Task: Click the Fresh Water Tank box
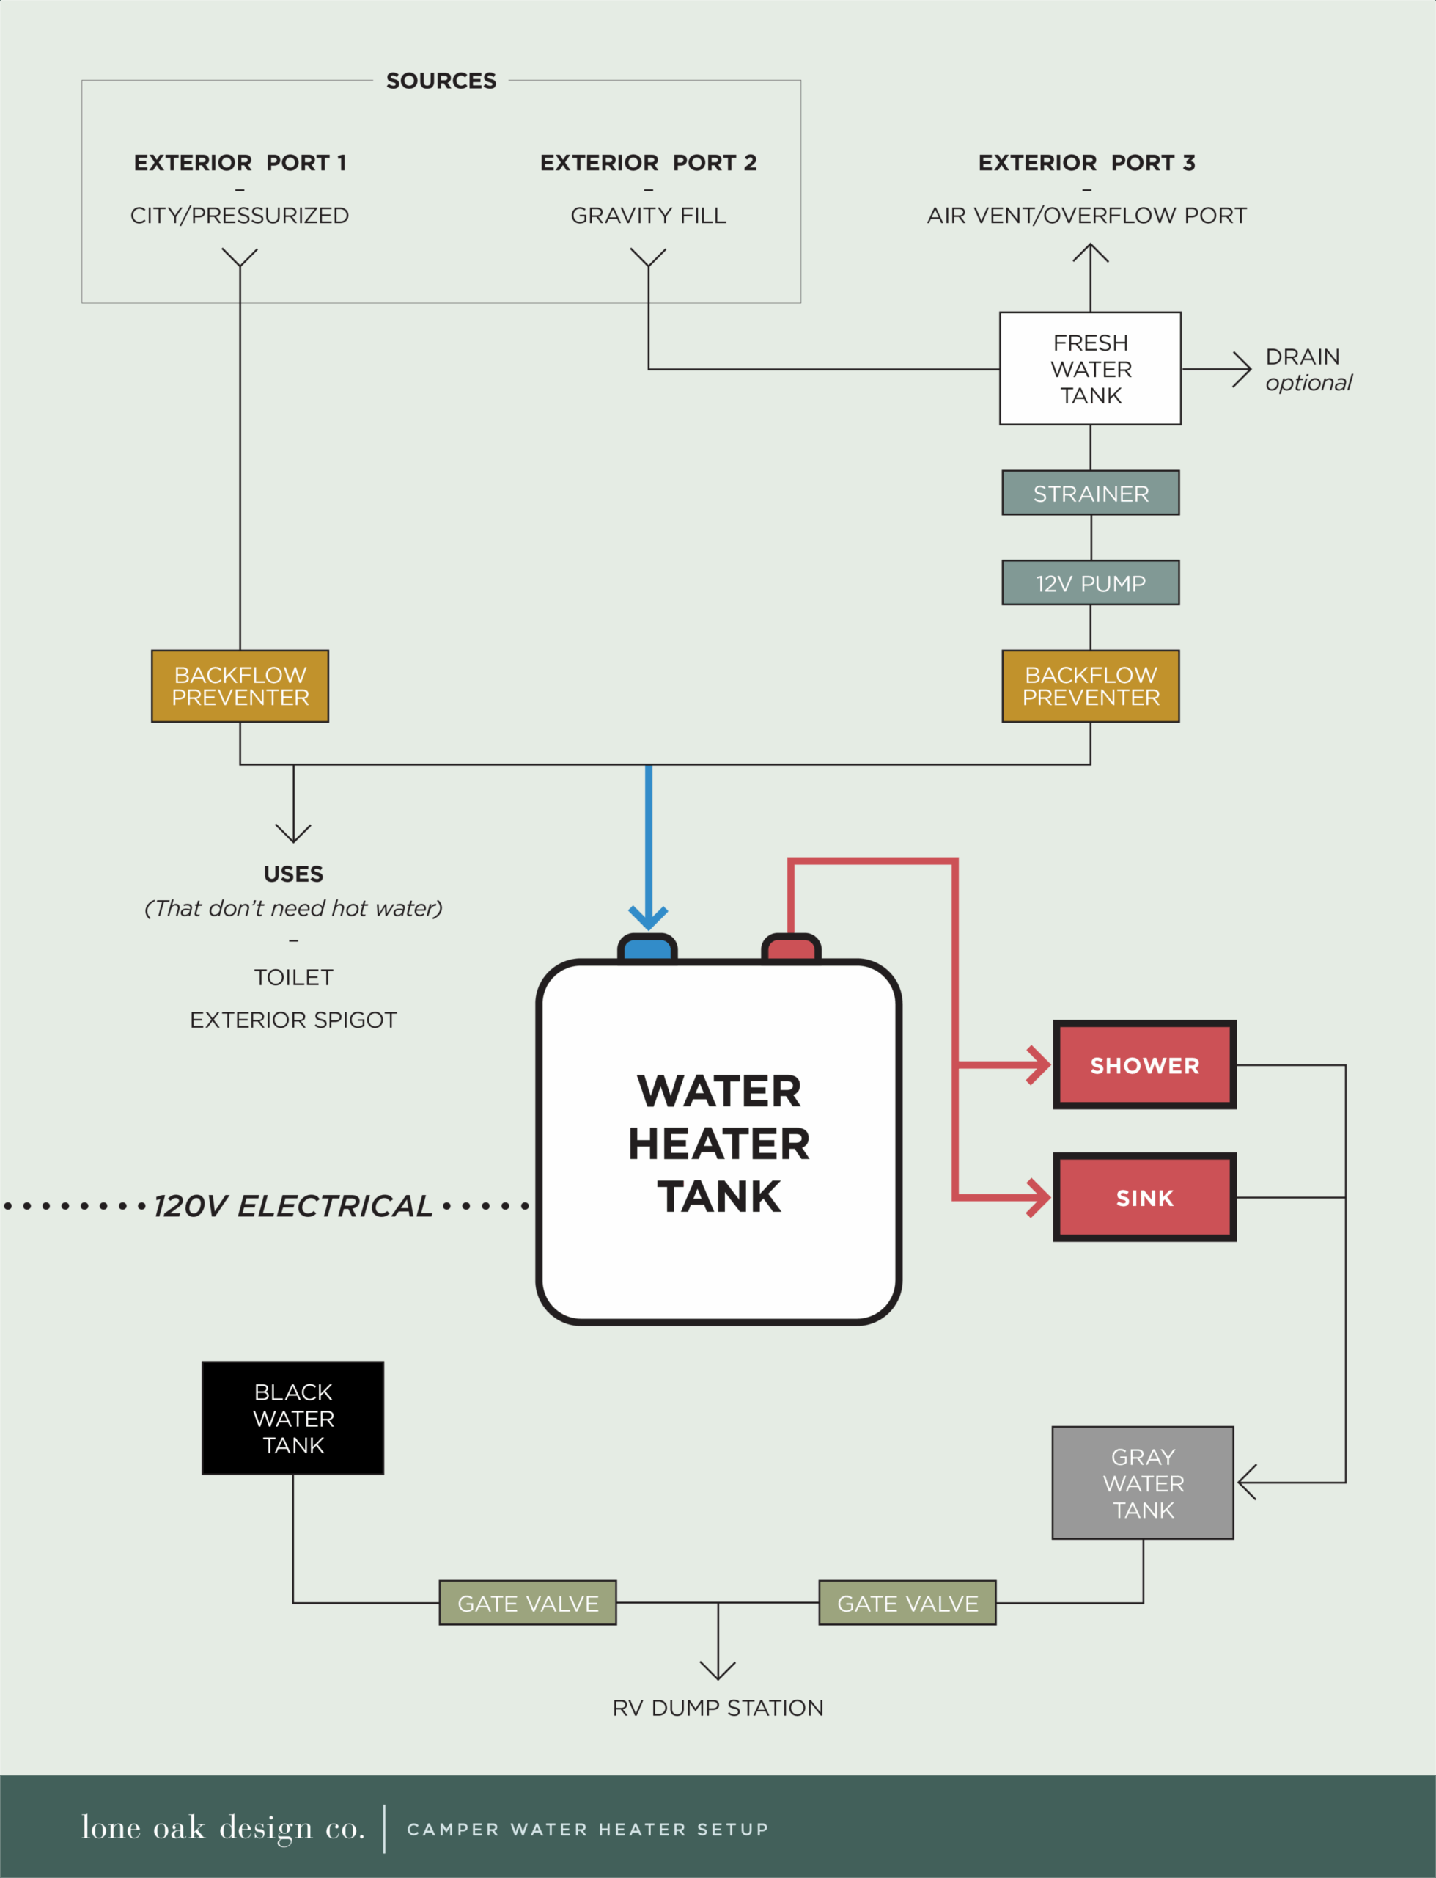(1090, 368)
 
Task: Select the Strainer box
(1090, 494)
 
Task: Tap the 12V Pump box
(1090, 583)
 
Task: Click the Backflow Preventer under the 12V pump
(1090, 686)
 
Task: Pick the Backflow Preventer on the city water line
(240, 686)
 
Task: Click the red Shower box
(1144, 1064)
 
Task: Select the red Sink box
(1144, 1197)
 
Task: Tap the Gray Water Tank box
(1143, 1483)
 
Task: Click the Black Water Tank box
(293, 1418)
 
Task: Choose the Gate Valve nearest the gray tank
(907, 1603)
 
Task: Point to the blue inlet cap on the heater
(648, 949)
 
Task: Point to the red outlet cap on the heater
(791, 949)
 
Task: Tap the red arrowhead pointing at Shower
(1039, 1064)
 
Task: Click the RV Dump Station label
(718, 1708)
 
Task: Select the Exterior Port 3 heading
(1086, 162)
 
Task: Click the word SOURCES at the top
(441, 81)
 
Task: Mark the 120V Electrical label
(292, 1206)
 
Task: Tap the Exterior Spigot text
(293, 1020)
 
